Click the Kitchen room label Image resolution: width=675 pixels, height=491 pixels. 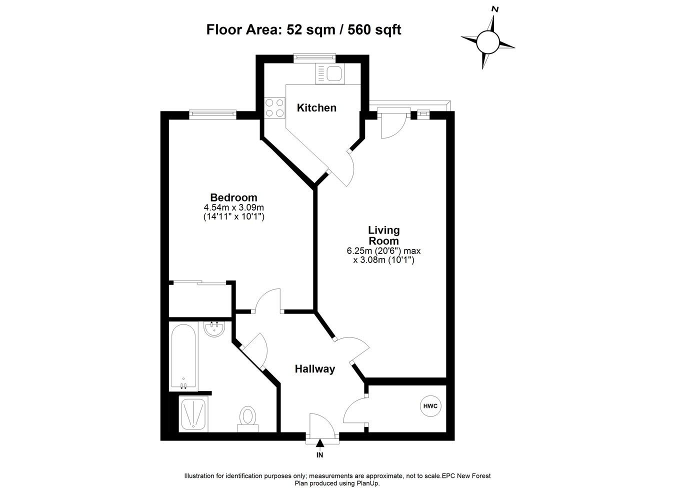[x=316, y=107]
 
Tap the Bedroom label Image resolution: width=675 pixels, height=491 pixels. [x=233, y=197]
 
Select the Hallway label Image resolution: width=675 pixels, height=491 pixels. [x=314, y=369]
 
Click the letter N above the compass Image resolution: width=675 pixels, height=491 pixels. [x=495, y=9]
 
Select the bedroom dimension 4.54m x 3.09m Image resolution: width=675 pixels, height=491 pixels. [x=233, y=207]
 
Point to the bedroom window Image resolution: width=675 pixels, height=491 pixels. [x=212, y=114]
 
